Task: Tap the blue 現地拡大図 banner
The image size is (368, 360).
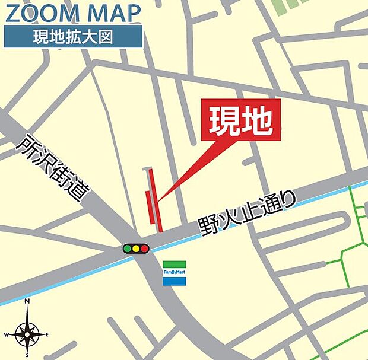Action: [74, 37]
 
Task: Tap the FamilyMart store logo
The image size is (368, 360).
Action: [174, 273]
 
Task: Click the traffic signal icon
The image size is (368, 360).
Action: [136, 249]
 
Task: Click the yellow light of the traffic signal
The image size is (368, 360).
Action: [136, 249]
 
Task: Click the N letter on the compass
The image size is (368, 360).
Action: [27, 301]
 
